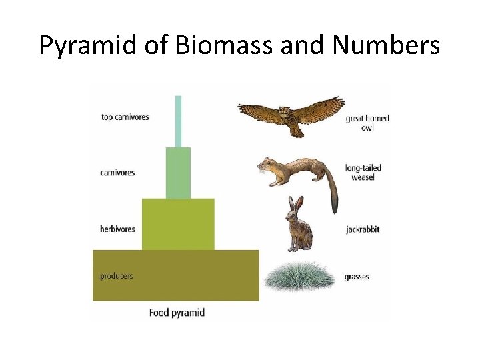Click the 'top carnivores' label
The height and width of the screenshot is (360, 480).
click(x=125, y=117)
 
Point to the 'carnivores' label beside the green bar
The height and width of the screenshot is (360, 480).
click(x=117, y=173)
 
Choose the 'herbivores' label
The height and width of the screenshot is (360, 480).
click(x=117, y=229)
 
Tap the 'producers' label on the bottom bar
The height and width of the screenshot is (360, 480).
click(x=116, y=276)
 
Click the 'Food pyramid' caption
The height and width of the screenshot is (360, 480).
click(x=177, y=313)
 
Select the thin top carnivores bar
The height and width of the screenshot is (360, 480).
click(x=178, y=121)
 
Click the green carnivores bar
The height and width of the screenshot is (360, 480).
click(x=178, y=173)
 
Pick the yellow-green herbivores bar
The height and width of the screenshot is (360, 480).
click(x=178, y=224)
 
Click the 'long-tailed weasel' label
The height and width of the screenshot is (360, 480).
click(x=363, y=173)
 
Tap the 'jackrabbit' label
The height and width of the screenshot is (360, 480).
click(x=363, y=230)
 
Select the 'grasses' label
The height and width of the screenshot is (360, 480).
click(x=357, y=277)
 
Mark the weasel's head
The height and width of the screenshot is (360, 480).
click(x=268, y=165)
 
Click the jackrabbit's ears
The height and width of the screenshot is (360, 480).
click(x=293, y=203)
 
